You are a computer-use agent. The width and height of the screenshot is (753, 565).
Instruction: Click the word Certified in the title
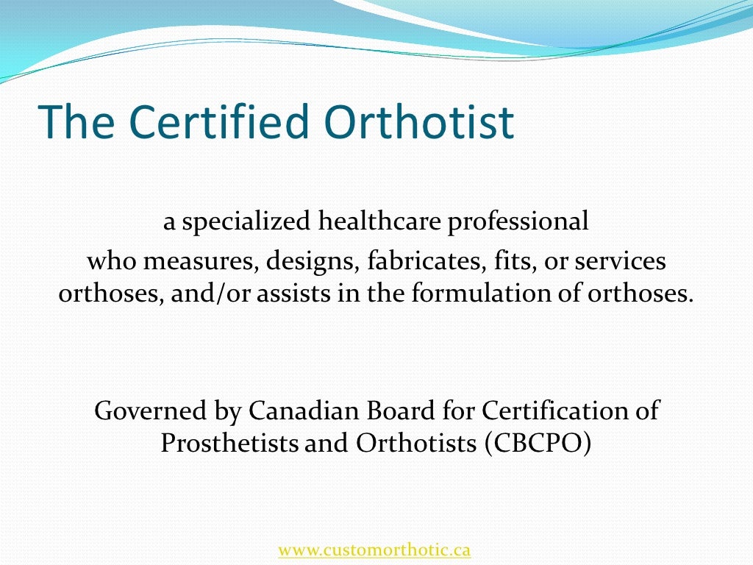[208, 122]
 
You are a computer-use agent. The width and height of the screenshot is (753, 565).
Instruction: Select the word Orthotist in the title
[418, 122]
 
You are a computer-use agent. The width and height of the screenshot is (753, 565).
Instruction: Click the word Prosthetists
[229, 444]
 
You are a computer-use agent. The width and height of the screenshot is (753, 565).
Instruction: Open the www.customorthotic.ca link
[374, 550]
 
